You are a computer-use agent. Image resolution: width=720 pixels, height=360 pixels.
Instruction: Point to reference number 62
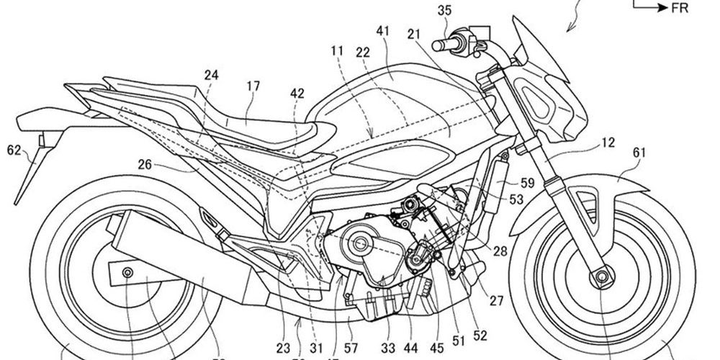pyautogui.click(x=14, y=150)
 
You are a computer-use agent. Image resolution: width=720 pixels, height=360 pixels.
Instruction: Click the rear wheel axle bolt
pyautogui.click(x=128, y=272)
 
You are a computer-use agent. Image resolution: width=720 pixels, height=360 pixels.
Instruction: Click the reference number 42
pyautogui.click(x=297, y=93)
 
